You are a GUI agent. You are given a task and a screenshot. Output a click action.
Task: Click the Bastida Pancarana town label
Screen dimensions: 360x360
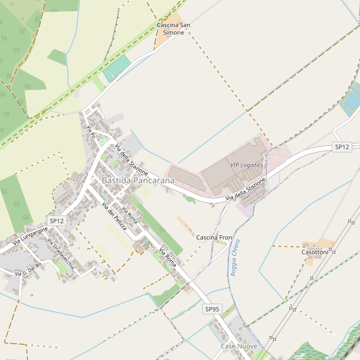[x=138, y=180]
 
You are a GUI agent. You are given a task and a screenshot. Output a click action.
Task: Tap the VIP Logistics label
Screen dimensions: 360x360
[x=246, y=164]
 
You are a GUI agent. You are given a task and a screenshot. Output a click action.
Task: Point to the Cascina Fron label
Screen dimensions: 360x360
[x=214, y=238]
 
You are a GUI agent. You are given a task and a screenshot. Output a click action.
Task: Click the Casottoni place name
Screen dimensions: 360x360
[x=314, y=253]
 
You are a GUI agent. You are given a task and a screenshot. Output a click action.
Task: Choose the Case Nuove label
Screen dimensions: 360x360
[x=239, y=347]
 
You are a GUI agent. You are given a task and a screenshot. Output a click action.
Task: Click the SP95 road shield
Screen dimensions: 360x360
[x=212, y=309]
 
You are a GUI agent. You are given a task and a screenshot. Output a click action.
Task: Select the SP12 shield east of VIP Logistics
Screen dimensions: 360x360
[x=342, y=146]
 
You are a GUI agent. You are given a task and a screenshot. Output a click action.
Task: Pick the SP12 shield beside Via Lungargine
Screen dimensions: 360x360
[x=57, y=221]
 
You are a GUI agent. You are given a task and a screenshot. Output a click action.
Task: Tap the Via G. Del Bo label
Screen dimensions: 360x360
[x=28, y=269]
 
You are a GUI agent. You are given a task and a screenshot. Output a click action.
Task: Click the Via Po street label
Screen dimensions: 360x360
[x=91, y=132]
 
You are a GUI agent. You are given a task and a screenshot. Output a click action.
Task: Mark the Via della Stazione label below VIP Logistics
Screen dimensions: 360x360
[x=245, y=190]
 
